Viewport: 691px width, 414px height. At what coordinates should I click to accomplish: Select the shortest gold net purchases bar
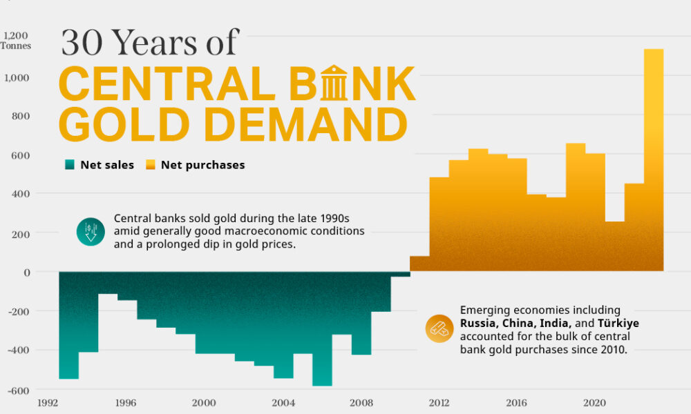pos(419,264)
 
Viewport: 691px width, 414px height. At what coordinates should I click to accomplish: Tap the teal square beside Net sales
pos(69,165)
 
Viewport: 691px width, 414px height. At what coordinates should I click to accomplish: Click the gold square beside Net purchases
pos(149,165)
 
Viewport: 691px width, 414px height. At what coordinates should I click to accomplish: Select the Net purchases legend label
pos(202,165)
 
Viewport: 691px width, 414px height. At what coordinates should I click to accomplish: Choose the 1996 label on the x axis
pos(125,403)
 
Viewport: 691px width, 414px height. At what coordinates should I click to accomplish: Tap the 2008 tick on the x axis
pos(361,403)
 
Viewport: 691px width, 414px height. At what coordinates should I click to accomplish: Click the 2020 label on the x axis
pos(596,403)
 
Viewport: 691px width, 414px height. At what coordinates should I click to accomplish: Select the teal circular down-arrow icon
pos(91,232)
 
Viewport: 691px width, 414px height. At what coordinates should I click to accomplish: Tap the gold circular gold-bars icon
pos(439,328)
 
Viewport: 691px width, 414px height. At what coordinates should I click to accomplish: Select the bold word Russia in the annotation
pos(481,323)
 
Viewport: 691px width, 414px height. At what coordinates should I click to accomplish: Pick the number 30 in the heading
pos(81,43)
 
